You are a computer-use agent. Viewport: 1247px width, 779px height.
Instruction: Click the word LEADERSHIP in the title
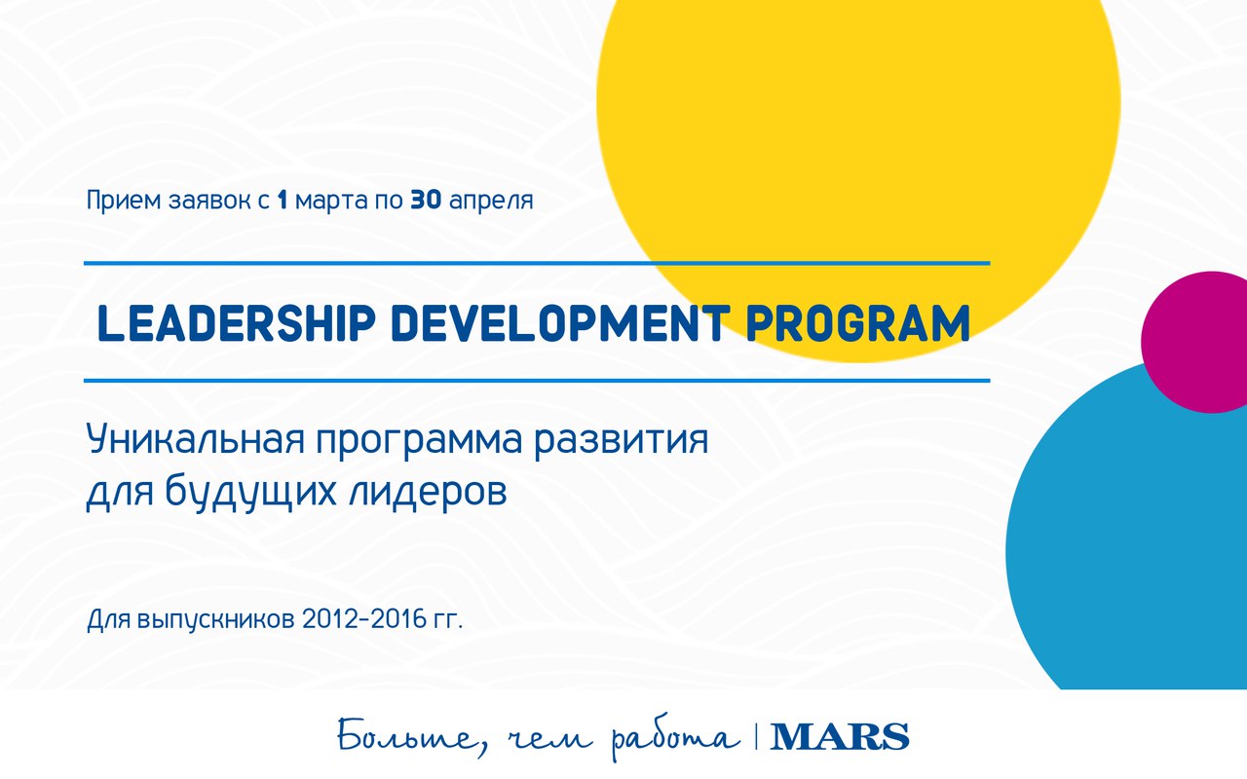click(x=236, y=323)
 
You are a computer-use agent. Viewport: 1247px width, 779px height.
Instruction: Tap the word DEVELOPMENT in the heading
click(x=560, y=323)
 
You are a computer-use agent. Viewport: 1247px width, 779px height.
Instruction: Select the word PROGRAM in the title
click(x=858, y=323)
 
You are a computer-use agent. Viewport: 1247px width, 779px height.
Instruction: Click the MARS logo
click(x=840, y=737)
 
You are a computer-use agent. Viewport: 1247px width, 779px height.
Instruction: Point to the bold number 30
click(x=426, y=201)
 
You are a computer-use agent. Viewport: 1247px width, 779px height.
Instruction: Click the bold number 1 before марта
click(x=283, y=201)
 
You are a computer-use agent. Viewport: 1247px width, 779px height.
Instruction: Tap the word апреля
click(x=491, y=202)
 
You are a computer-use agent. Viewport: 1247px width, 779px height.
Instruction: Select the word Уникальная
click(x=196, y=439)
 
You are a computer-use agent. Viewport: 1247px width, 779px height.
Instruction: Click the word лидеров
click(x=428, y=491)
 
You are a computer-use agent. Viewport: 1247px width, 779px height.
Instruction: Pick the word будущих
click(x=251, y=491)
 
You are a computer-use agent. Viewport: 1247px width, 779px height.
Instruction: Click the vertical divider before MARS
click(x=756, y=736)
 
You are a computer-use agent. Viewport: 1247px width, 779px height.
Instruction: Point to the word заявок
click(x=209, y=201)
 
